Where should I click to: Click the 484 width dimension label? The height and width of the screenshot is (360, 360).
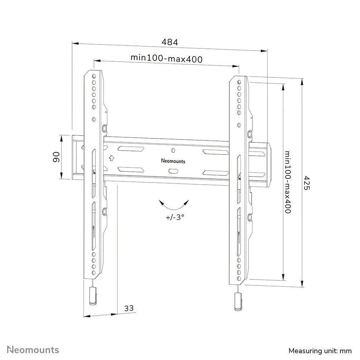pos(170,42)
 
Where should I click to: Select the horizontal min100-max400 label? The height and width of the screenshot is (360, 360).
pos(166,58)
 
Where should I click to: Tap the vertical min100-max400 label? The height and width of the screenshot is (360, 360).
pos(288,183)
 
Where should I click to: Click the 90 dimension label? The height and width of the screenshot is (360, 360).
pos(56,157)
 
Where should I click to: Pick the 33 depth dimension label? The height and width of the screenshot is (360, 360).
pos(129,308)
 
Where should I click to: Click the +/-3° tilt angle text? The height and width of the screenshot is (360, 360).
pos(175,217)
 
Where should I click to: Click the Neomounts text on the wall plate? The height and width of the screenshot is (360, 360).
pos(173,161)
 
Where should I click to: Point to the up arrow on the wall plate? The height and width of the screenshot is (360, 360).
pos(111,157)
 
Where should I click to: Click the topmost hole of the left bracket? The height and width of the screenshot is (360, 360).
pos(94,76)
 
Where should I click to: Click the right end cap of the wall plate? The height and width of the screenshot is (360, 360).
pos(264,165)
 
